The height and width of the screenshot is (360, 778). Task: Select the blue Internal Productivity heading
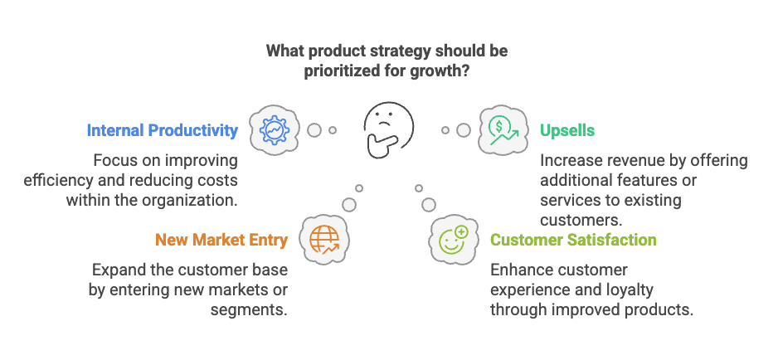pos(163,130)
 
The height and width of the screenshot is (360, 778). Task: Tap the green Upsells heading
pos(567,130)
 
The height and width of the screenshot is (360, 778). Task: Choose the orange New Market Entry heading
pos(221,241)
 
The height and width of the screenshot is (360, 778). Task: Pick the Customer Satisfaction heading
pos(573,241)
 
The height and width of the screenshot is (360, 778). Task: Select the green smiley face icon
pos(454,239)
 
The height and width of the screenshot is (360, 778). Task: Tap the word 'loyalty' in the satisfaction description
pos(628,290)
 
